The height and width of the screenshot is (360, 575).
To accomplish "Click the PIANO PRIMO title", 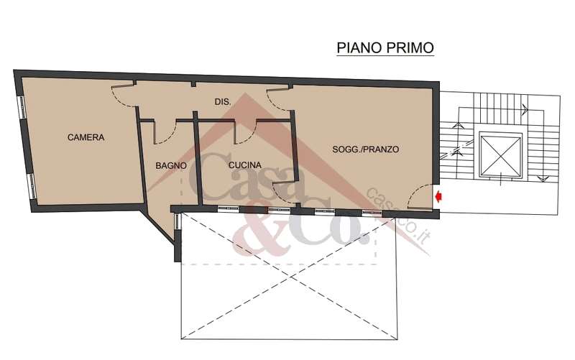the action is click(385, 47).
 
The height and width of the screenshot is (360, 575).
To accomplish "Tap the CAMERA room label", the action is click(86, 137).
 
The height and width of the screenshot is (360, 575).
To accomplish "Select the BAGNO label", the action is click(171, 166).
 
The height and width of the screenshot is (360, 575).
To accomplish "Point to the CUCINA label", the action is click(245, 165).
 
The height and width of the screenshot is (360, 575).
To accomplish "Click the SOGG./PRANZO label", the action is click(366, 149).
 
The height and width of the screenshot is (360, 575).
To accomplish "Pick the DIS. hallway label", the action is click(223, 102).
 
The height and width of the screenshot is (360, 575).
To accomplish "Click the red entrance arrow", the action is click(438, 197).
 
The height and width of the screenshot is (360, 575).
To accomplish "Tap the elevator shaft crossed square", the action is click(500, 155).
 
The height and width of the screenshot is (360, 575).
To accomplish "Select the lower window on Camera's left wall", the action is click(32, 186).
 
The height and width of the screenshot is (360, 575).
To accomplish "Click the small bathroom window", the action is click(177, 222).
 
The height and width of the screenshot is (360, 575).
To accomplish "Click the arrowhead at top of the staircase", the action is click(525, 109).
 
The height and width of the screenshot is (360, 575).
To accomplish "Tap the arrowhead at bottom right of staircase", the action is click(542, 179).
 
